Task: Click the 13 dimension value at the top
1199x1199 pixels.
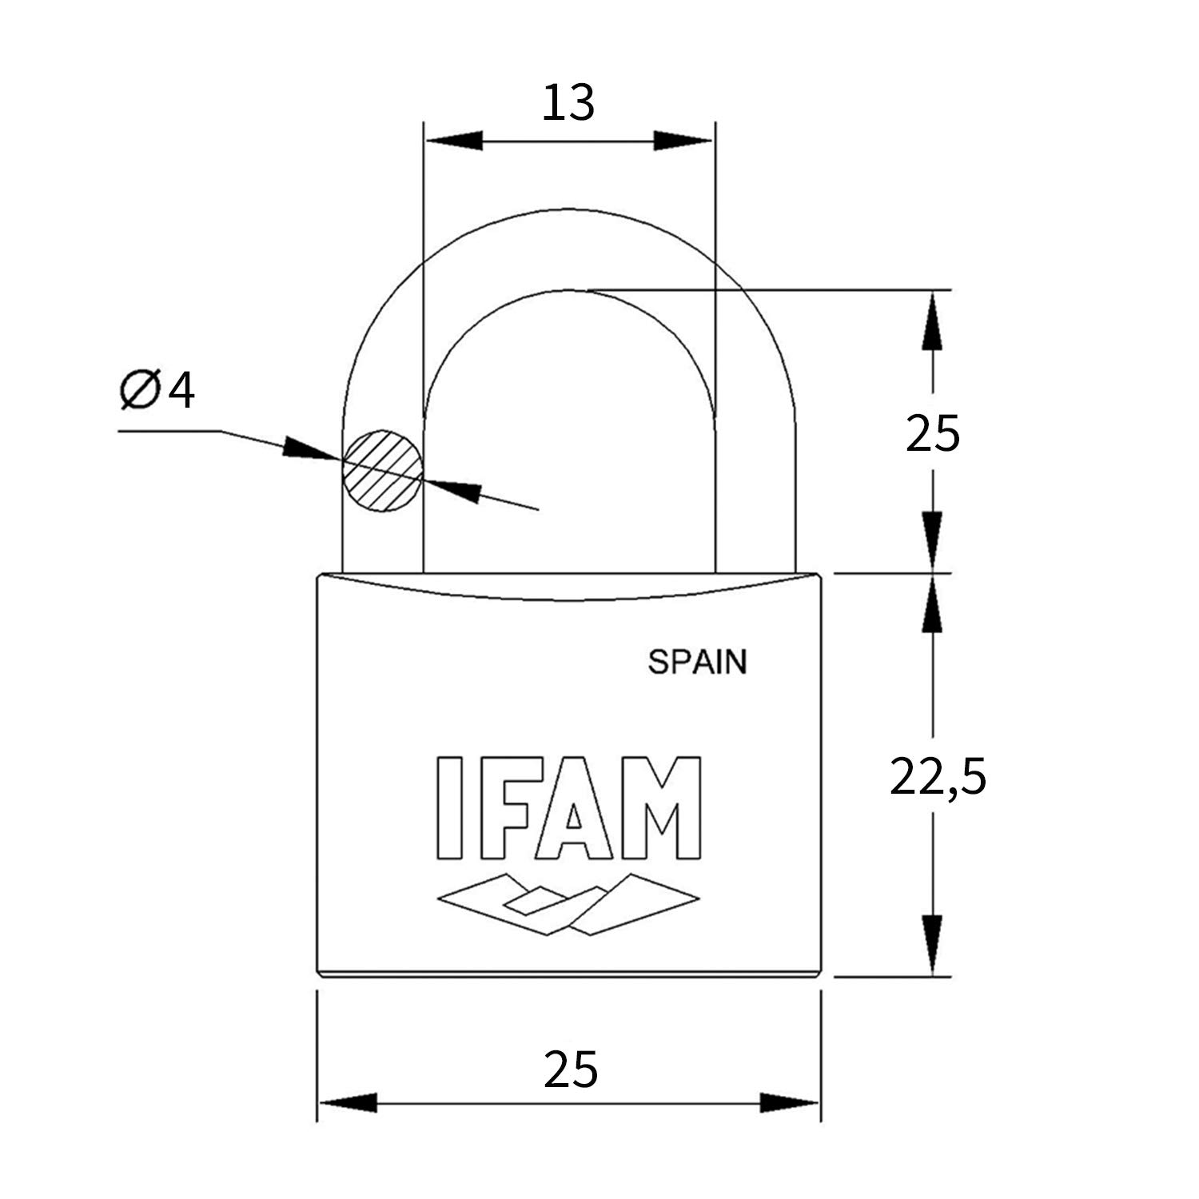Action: pos(569,103)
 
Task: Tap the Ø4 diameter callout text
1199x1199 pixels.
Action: pos(157,391)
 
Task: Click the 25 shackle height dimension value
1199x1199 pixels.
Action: pos(932,434)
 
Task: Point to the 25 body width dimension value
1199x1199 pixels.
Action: pos(571,1070)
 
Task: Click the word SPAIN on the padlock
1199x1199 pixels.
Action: pos(697,662)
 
